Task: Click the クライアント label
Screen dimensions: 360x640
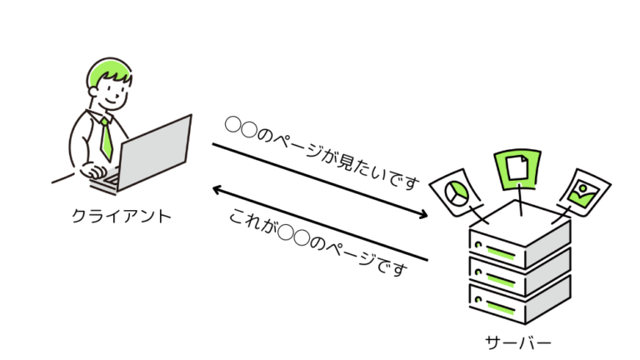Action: click(122, 216)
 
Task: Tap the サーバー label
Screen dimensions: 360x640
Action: click(517, 342)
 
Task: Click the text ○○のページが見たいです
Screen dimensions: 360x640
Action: click(322, 154)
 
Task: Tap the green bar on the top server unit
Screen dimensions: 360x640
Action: click(499, 248)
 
